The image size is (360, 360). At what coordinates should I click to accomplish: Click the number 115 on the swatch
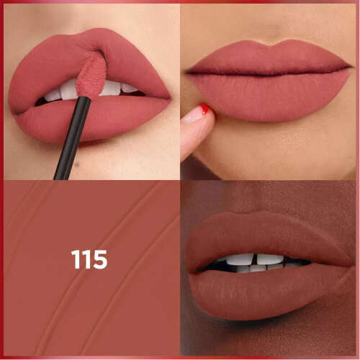point(89,259)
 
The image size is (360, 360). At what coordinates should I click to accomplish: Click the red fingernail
point(204,109)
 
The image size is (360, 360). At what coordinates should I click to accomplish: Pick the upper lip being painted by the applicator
point(50,68)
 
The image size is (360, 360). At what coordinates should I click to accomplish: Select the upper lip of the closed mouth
point(266,56)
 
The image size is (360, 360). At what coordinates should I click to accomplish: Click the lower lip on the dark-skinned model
point(259,292)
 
